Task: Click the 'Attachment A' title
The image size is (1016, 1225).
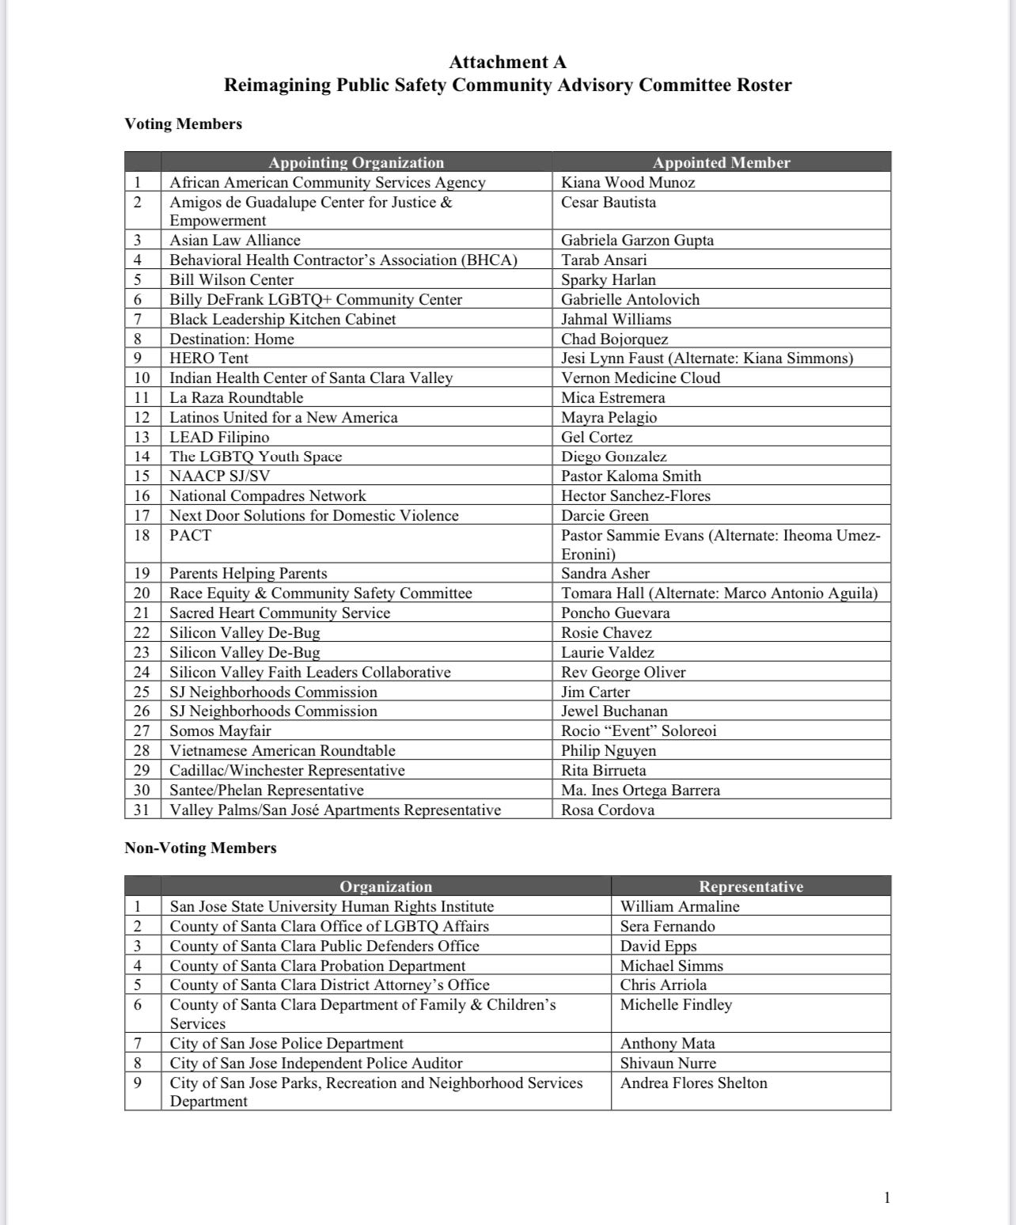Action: tap(507, 62)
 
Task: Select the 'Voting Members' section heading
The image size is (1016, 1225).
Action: tap(183, 123)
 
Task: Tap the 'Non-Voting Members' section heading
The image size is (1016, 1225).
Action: tap(200, 848)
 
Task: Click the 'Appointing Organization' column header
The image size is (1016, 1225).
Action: tap(356, 162)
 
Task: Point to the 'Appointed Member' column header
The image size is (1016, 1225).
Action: tap(721, 162)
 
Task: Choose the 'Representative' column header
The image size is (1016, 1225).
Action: tap(750, 886)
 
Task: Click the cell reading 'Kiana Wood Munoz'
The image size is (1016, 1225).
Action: tap(628, 182)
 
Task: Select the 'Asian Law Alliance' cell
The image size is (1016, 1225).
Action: tap(235, 240)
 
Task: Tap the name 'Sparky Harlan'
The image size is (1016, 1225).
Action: tap(608, 279)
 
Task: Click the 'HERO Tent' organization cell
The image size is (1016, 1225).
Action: tap(209, 358)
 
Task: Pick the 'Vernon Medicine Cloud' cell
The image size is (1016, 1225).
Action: tap(641, 377)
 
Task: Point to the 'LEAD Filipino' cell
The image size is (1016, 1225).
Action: tap(219, 437)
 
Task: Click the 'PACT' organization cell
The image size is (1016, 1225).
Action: tap(191, 535)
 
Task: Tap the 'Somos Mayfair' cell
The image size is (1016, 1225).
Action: tap(220, 730)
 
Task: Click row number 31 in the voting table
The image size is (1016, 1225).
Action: tap(142, 810)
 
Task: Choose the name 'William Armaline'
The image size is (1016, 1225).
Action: tap(680, 906)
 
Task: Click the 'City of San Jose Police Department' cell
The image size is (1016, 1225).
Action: tap(286, 1043)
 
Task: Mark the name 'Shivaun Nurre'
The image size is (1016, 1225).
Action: tap(668, 1063)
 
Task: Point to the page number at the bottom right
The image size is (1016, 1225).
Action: tap(886, 1197)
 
